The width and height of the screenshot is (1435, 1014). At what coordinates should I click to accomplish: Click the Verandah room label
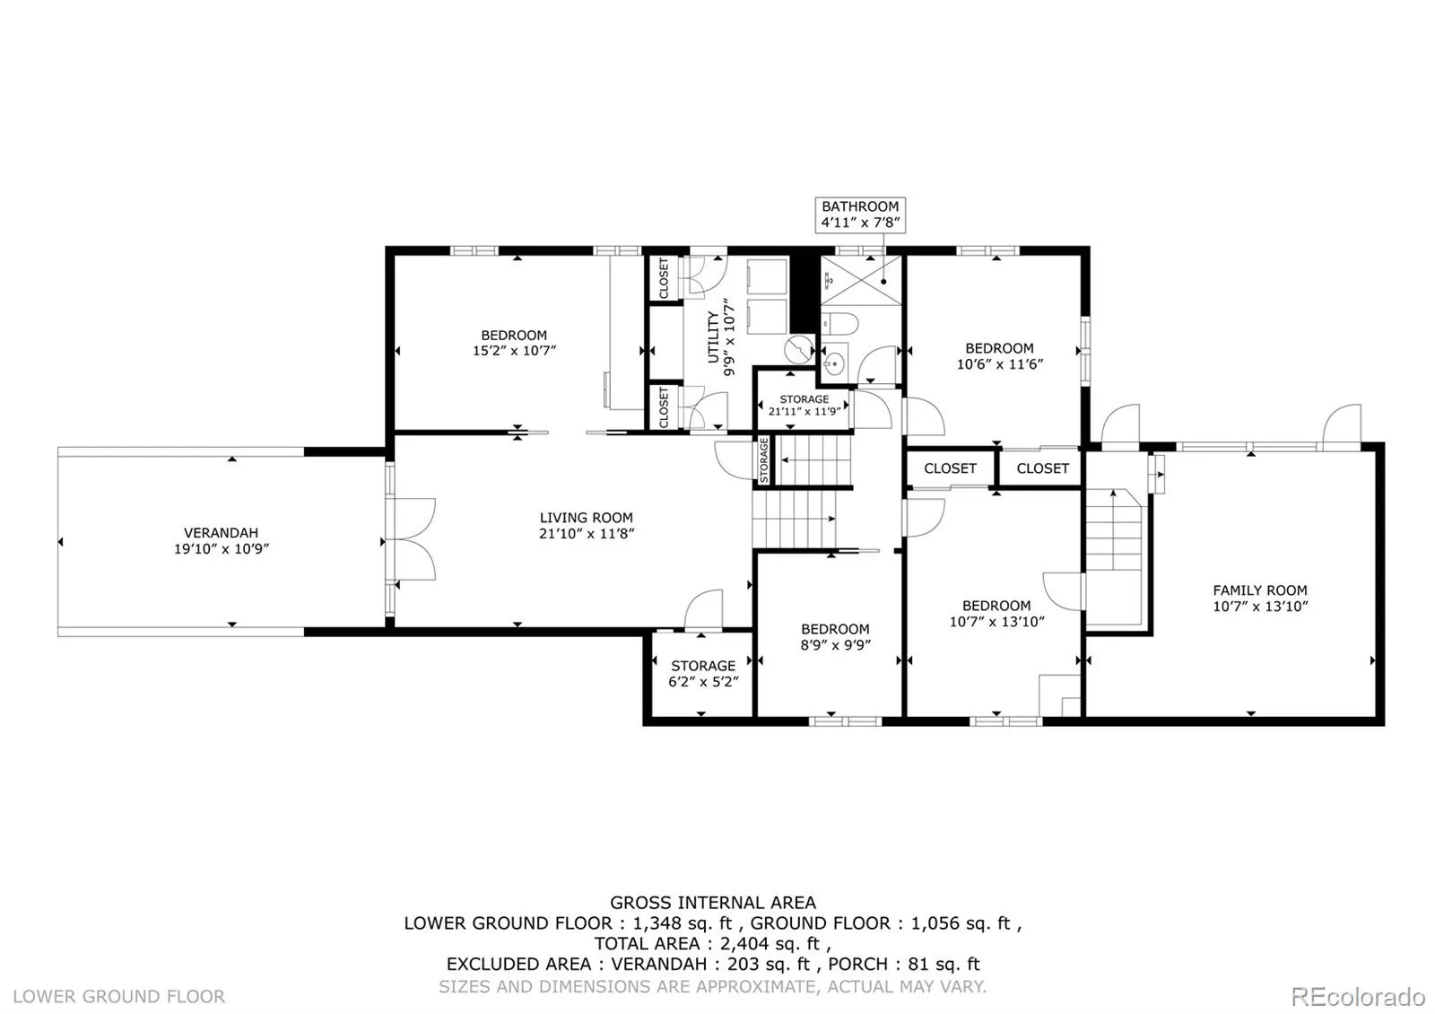[x=221, y=540]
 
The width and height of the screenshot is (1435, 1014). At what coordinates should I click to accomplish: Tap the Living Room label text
[x=587, y=525]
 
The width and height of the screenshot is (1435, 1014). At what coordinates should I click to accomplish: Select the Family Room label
[x=1260, y=598]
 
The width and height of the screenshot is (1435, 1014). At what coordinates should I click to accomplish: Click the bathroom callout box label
[x=860, y=214]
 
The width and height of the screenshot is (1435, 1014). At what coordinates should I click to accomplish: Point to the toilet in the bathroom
[x=839, y=324]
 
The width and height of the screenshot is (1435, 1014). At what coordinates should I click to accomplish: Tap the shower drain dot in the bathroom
[x=883, y=282]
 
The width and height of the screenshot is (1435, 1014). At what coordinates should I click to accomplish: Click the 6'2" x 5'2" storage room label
[x=703, y=674]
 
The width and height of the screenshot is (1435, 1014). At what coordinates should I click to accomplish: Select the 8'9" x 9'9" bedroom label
[x=835, y=636]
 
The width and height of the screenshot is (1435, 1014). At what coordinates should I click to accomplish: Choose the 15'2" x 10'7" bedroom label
[x=514, y=342]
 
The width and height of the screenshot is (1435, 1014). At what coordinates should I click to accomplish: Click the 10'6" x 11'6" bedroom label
[x=999, y=355]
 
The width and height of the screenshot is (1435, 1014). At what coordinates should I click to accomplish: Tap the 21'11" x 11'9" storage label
[x=804, y=405]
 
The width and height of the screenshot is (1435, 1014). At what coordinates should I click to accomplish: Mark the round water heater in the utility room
[x=798, y=349]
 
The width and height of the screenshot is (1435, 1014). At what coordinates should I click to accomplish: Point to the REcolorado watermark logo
[x=1358, y=997]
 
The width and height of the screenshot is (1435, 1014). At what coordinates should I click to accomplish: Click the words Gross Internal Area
[x=712, y=903]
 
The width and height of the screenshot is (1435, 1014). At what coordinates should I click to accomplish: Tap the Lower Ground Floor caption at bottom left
[x=119, y=996]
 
